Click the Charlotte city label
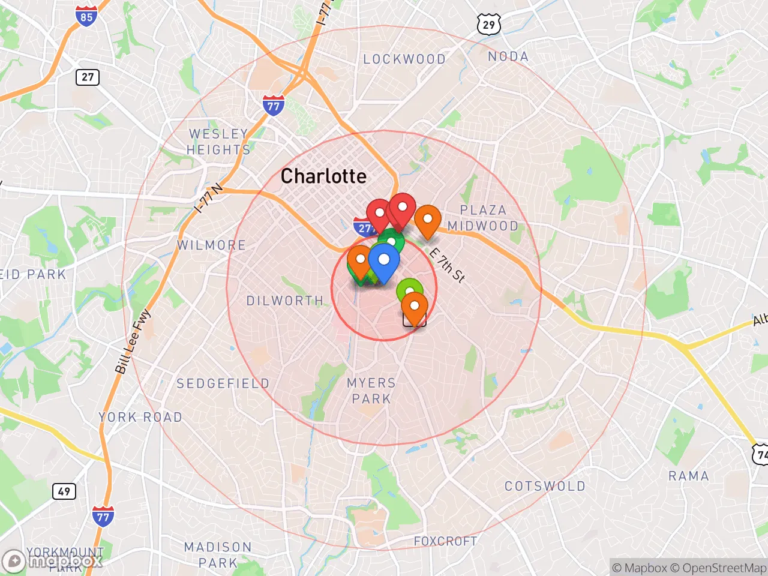[x=323, y=176]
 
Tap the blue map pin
[x=384, y=262]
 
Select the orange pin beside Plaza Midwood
[x=428, y=220]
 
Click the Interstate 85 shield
[x=86, y=16]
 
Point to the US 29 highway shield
[x=489, y=25]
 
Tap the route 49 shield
[x=64, y=491]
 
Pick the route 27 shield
[x=88, y=77]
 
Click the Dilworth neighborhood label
[x=285, y=301]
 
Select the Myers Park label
[x=371, y=391]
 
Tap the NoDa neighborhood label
[x=508, y=56]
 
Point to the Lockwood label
[x=404, y=59]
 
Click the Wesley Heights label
[x=218, y=142]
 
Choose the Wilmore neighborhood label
[x=211, y=245]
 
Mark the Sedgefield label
[x=223, y=383]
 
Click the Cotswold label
[x=545, y=486]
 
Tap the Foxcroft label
[x=445, y=541]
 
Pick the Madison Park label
[x=218, y=555]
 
